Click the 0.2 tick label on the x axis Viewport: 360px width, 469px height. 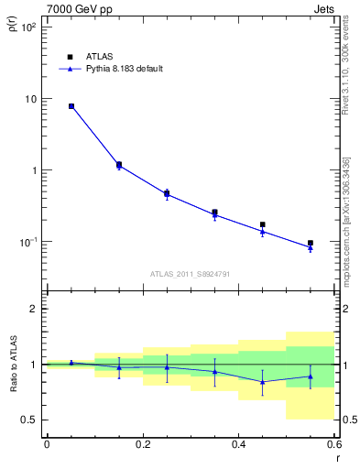(x=142, y=445)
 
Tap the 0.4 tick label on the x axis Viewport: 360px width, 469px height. (x=238, y=445)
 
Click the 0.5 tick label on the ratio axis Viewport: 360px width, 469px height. (x=29, y=420)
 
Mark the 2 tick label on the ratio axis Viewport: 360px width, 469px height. (x=33, y=309)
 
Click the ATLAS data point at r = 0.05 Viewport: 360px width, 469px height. (x=71, y=106)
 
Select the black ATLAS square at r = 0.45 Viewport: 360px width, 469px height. (x=263, y=224)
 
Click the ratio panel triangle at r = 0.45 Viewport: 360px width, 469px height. (x=263, y=382)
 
